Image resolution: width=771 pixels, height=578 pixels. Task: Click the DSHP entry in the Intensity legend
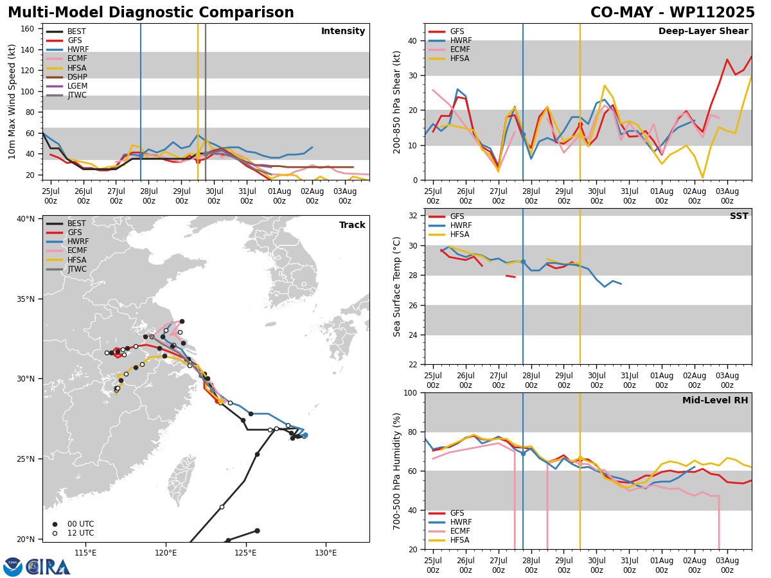pyautogui.click(x=67, y=77)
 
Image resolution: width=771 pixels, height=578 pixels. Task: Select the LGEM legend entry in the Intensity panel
pyautogui.click(x=67, y=86)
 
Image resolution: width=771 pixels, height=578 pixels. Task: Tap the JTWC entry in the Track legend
pyautogui.click(x=66, y=269)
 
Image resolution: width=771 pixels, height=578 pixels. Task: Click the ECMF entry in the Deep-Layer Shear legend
pyautogui.click(x=449, y=49)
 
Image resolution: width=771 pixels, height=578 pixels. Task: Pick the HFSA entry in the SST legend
pyautogui.click(x=449, y=234)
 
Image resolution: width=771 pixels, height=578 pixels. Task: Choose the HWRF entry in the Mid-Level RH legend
pyautogui.click(x=450, y=522)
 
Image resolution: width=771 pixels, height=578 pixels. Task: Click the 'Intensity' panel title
pyautogui.click(x=343, y=31)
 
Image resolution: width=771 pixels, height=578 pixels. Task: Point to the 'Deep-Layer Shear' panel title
pyautogui.click(x=703, y=31)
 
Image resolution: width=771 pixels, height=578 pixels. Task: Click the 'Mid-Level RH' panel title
pyautogui.click(x=715, y=400)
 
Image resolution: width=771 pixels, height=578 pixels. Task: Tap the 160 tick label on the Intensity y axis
pyautogui.click(x=28, y=29)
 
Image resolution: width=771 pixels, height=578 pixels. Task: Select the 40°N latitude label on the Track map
pyautogui.click(x=26, y=219)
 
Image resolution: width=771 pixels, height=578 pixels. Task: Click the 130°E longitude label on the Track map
pyautogui.click(x=326, y=553)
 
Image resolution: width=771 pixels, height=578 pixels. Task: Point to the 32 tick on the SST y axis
pyautogui.click(x=413, y=216)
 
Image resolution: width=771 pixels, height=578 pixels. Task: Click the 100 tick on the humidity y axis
pyautogui.click(x=411, y=393)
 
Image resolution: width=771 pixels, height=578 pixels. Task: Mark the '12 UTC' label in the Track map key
pyautogui.click(x=81, y=533)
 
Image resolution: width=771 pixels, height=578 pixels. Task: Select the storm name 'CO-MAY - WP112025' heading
pyautogui.click(x=672, y=12)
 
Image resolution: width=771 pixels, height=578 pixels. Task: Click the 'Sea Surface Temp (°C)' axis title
pyautogui.click(x=397, y=286)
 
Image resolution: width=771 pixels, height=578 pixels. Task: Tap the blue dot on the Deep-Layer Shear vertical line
pyautogui.click(x=523, y=135)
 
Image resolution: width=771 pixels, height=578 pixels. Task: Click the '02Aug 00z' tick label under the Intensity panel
pyautogui.click(x=312, y=196)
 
